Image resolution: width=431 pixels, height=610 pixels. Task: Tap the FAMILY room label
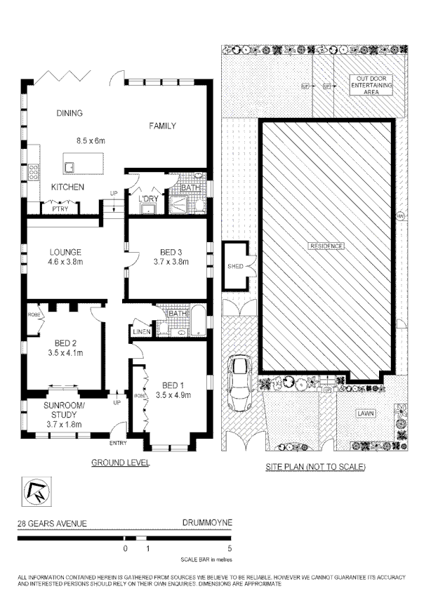(x=161, y=126)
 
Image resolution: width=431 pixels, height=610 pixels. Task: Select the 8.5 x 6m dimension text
(x=90, y=141)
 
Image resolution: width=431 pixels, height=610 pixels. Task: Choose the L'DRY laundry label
(x=147, y=199)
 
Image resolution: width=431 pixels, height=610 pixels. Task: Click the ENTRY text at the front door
(x=118, y=443)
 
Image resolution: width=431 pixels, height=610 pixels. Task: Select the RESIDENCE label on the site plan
(x=326, y=246)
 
